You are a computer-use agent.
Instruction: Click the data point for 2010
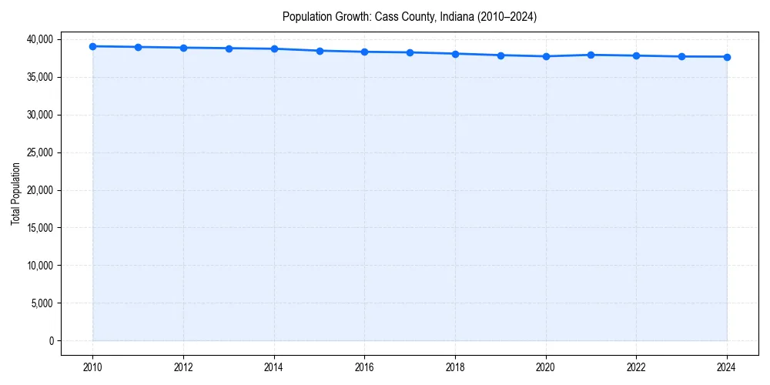(92, 46)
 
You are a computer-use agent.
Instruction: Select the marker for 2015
(320, 51)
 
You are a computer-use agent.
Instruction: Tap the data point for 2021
(591, 55)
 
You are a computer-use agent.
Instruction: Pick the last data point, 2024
(727, 57)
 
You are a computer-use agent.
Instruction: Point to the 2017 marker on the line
(410, 52)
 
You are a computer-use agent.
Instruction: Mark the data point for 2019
(500, 55)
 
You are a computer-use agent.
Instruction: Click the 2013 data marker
(229, 49)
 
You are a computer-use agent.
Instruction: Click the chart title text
(409, 16)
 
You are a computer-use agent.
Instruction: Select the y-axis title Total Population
(15, 193)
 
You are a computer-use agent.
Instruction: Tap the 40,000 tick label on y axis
(38, 39)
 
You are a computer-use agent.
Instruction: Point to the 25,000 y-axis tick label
(38, 152)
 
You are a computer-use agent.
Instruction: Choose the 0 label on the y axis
(52, 341)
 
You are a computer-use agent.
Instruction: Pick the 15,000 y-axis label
(38, 228)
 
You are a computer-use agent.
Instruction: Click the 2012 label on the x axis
(183, 367)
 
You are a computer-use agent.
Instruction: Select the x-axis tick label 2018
(455, 367)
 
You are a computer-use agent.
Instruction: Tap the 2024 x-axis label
(727, 367)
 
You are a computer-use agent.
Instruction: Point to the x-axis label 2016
(364, 367)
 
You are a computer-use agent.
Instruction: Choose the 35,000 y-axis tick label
(38, 77)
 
